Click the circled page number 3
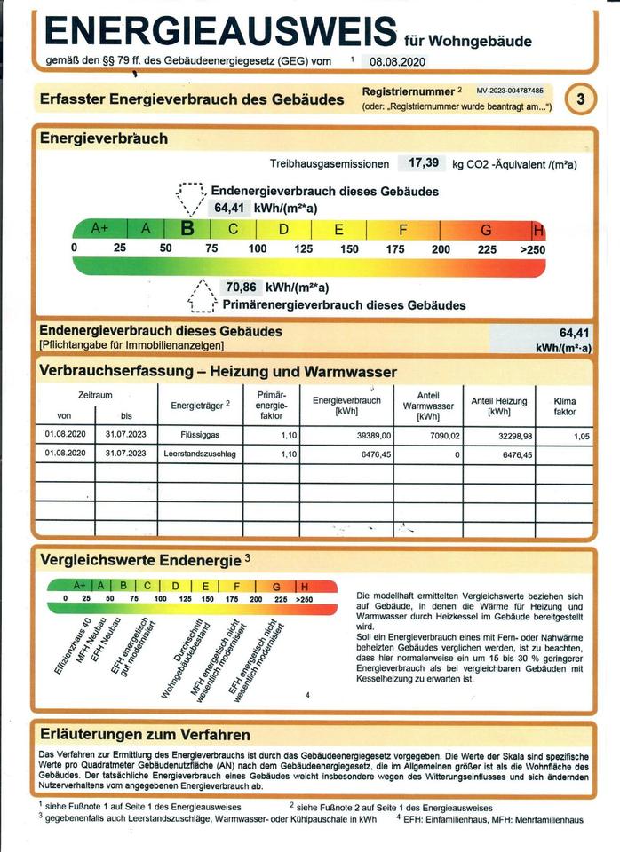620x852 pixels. click(x=580, y=99)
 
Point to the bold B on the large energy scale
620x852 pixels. click(x=187, y=228)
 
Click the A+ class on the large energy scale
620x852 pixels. click(x=99, y=228)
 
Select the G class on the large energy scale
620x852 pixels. click(x=486, y=230)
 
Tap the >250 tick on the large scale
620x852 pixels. click(x=533, y=249)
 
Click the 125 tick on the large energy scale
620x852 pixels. click(x=304, y=248)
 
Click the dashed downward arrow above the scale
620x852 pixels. click(x=189, y=196)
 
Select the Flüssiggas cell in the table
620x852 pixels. click(x=200, y=436)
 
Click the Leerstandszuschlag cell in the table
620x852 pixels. click(x=200, y=454)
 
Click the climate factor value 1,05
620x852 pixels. click(x=582, y=436)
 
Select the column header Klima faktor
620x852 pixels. click(x=565, y=406)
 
